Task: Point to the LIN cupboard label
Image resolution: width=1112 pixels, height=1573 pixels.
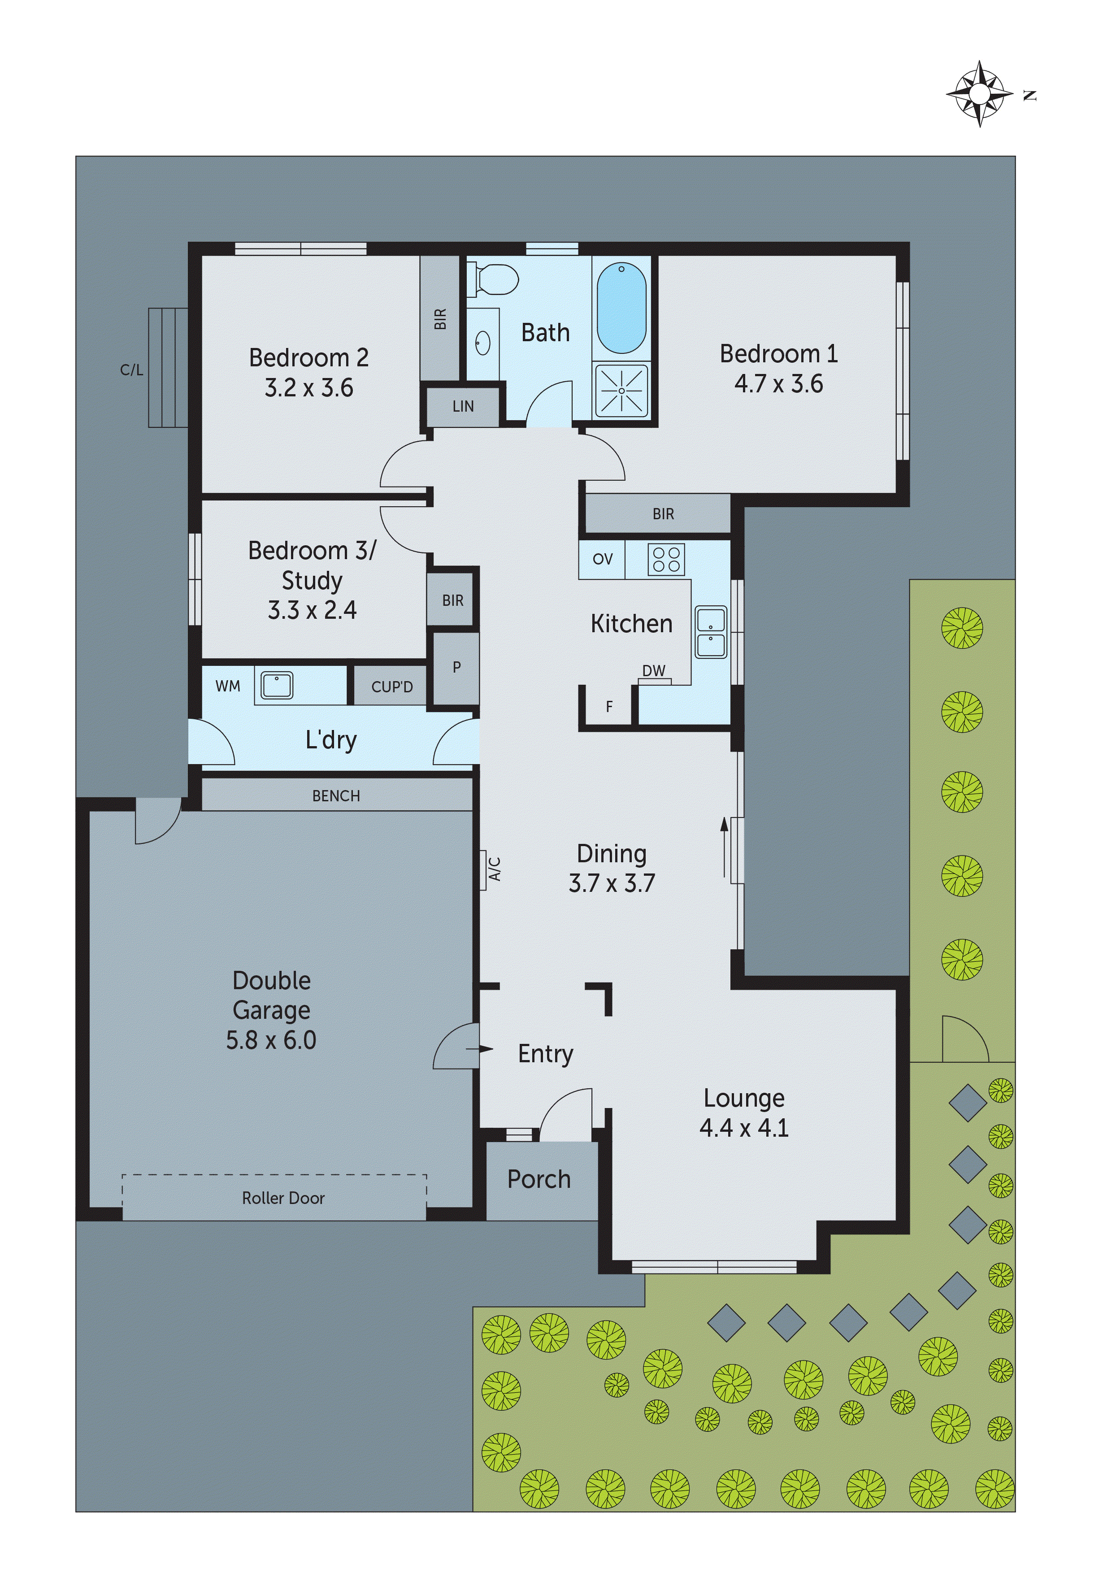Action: (x=463, y=406)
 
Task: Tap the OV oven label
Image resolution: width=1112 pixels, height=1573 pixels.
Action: (x=602, y=559)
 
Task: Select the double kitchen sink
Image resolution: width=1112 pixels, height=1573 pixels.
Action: (x=711, y=632)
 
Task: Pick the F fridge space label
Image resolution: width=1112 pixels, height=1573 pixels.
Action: (x=609, y=706)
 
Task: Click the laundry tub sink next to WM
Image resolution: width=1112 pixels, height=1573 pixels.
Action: (x=277, y=685)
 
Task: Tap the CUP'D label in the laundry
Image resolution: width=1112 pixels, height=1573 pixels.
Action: (x=392, y=687)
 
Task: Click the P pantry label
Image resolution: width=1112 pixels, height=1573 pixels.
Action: (x=456, y=667)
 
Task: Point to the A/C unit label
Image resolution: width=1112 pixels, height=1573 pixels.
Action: (x=495, y=869)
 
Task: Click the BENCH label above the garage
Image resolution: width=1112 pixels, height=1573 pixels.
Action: (x=336, y=795)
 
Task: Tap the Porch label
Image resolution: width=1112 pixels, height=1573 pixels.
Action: (x=539, y=1179)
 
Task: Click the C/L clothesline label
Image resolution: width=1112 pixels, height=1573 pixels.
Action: (x=131, y=370)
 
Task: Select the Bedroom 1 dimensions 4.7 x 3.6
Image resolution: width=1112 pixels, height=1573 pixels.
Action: (x=778, y=384)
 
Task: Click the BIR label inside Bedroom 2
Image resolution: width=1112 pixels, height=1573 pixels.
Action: (x=440, y=318)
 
